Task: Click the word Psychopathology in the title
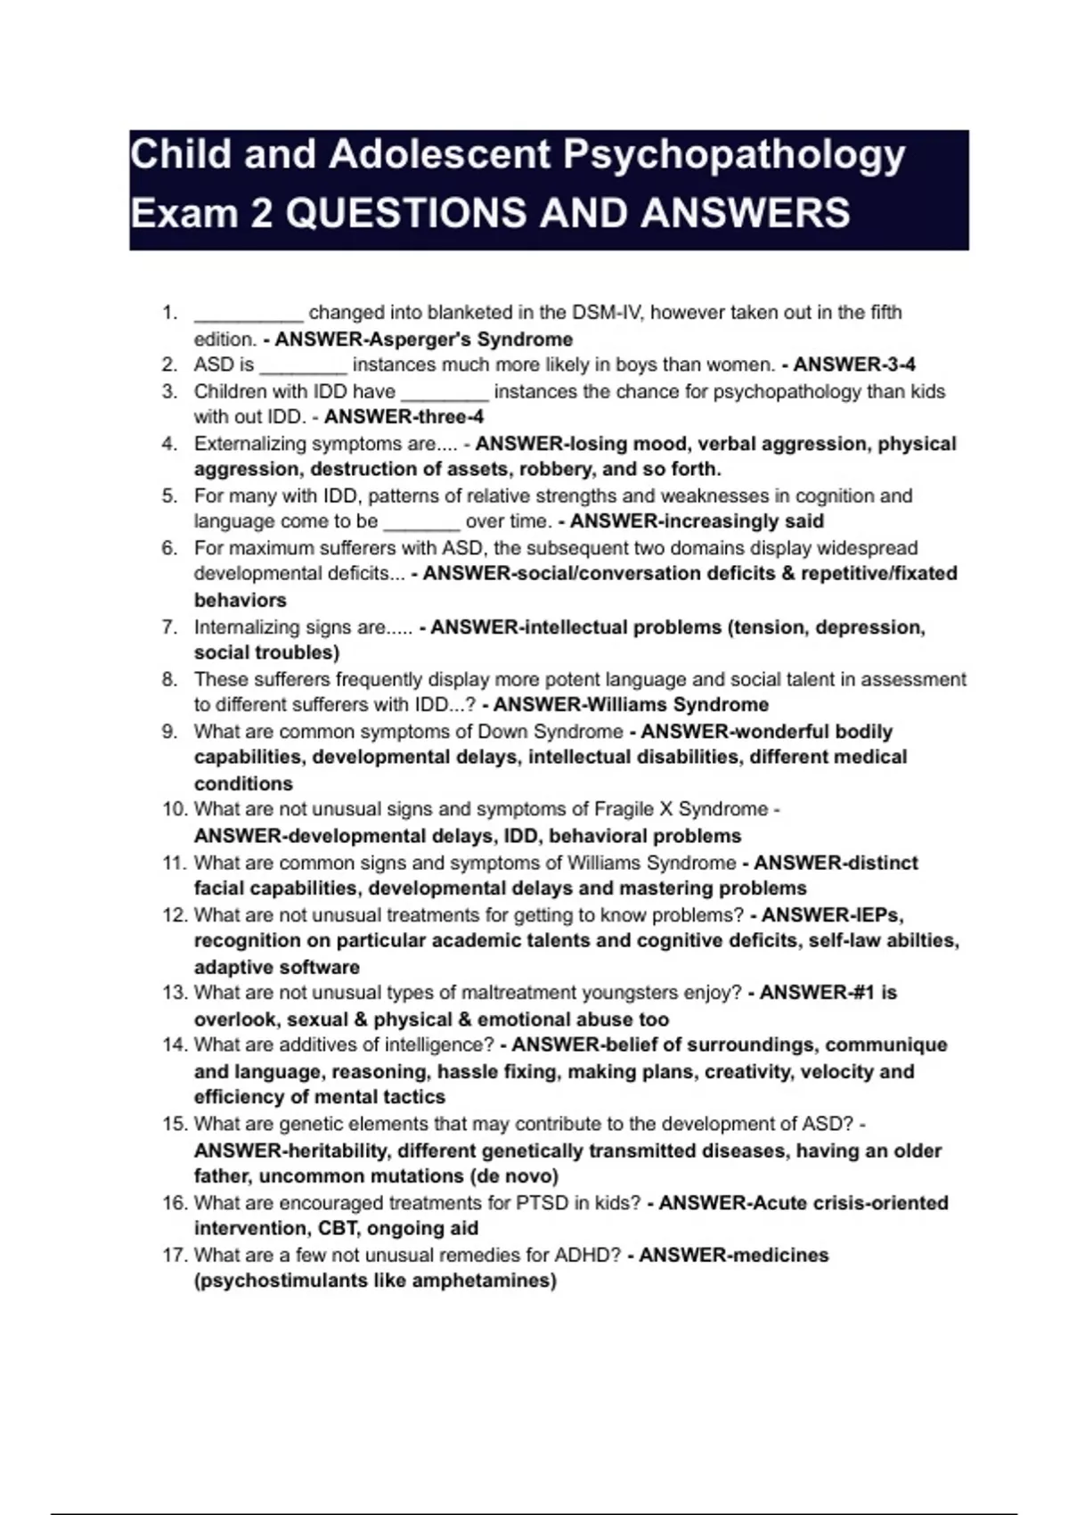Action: pos(734,156)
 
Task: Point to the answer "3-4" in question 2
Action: pos(899,364)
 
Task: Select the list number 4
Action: pos(169,444)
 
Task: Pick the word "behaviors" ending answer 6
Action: pos(241,600)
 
